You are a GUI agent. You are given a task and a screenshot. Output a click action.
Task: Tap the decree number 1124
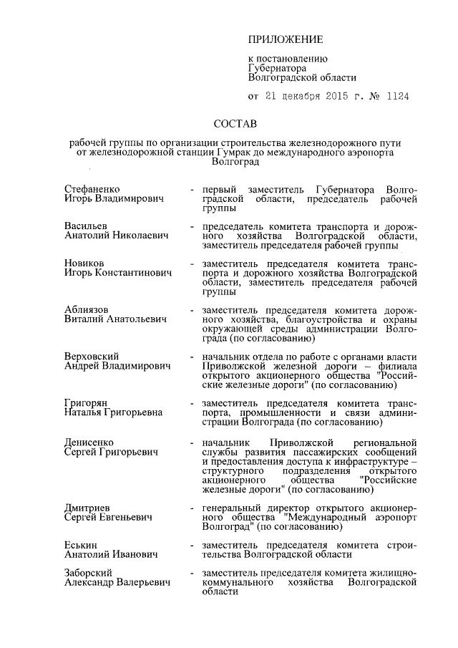click(396, 97)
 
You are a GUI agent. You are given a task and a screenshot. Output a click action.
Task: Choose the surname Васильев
click(85, 226)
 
